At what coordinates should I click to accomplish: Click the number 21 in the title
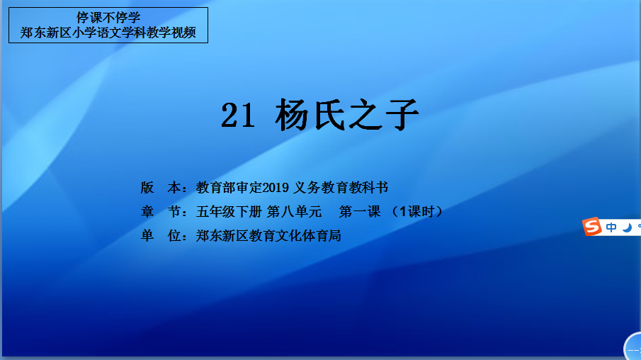(238, 115)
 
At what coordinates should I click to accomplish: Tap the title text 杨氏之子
(347, 115)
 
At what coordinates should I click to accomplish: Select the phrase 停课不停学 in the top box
(108, 18)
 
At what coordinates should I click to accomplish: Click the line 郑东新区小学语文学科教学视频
(108, 33)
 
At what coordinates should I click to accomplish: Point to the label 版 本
(161, 187)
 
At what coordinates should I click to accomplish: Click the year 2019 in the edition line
(276, 188)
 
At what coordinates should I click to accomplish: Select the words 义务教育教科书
(341, 187)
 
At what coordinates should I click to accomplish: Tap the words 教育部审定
(229, 187)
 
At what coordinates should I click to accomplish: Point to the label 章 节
(161, 211)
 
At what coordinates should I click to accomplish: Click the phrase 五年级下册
(229, 211)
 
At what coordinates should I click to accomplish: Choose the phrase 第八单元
(295, 211)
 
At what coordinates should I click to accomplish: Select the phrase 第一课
(360, 211)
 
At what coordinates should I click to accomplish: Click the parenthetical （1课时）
(417, 211)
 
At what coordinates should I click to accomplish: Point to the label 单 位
(161, 236)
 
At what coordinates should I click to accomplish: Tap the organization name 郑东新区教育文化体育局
(268, 236)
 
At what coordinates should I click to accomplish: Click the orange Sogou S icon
(592, 227)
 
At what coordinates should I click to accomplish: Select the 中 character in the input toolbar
(611, 227)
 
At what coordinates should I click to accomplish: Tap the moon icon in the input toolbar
(627, 227)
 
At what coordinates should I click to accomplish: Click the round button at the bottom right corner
(633, 347)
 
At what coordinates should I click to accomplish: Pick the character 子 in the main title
(402, 115)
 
